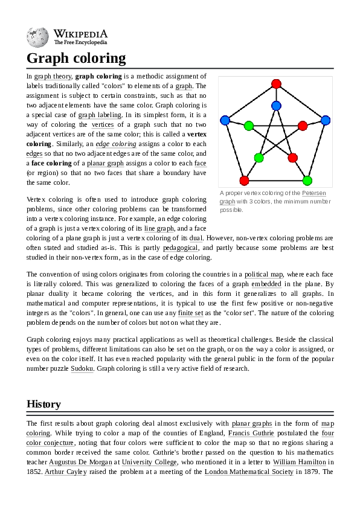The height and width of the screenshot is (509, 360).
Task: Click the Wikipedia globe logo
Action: tap(37, 37)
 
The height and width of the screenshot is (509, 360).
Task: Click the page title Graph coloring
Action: tap(76, 58)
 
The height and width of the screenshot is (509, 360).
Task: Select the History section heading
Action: tap(43, 404)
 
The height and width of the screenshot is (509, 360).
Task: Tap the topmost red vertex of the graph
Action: tap(276, 83)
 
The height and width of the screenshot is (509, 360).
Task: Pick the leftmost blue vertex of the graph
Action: tap(225, 120)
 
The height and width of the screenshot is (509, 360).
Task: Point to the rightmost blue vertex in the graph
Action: tap(326, 120)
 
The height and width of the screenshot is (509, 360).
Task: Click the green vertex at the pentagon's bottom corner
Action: tap(307, 180)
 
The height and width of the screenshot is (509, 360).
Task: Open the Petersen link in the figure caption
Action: tap(313, 193)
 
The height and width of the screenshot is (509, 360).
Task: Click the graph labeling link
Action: tap(100, 115)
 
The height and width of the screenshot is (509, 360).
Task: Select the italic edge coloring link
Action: tap(116, 144)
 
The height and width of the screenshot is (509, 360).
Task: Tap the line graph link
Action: tap(158, 228)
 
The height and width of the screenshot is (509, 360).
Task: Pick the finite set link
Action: tap(190, 313)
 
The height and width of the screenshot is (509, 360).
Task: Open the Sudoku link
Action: tap(82, 368)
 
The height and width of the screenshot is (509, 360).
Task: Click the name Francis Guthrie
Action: tap(251, 433)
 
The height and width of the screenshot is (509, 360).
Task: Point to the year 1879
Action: tap(307, 472)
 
